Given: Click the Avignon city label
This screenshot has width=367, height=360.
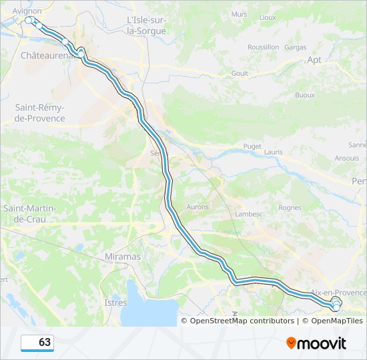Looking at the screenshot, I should coord(27,11).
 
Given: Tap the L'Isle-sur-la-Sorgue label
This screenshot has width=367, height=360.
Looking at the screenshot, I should coord(146,25).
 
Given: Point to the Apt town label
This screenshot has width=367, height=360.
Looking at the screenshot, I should coord(314,59).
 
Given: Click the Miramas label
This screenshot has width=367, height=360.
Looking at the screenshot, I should coord(123,257).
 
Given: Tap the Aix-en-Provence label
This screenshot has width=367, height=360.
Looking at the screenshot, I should coord(338,293).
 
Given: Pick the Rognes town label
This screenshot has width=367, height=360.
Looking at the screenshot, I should coord(290,207).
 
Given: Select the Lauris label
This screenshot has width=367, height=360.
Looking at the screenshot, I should coord(273,152).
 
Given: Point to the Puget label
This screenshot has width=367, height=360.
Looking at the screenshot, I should coord(252,146).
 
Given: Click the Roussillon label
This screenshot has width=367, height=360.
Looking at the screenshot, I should coord(263,47).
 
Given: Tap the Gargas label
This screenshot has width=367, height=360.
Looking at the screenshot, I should coord(295,47).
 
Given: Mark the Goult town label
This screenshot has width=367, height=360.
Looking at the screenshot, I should coord(240,73).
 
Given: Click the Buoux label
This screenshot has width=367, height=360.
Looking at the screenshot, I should coord(304,95).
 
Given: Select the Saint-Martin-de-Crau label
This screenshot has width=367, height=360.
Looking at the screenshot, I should coord(31,213).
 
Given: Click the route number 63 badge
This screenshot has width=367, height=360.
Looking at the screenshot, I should coord(37,343).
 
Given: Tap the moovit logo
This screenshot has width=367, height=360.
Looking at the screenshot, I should coord(316,343).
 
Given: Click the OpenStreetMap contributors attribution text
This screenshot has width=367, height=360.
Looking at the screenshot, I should coord(242,321).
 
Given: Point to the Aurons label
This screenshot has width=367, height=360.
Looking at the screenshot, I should coord(198,207).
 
